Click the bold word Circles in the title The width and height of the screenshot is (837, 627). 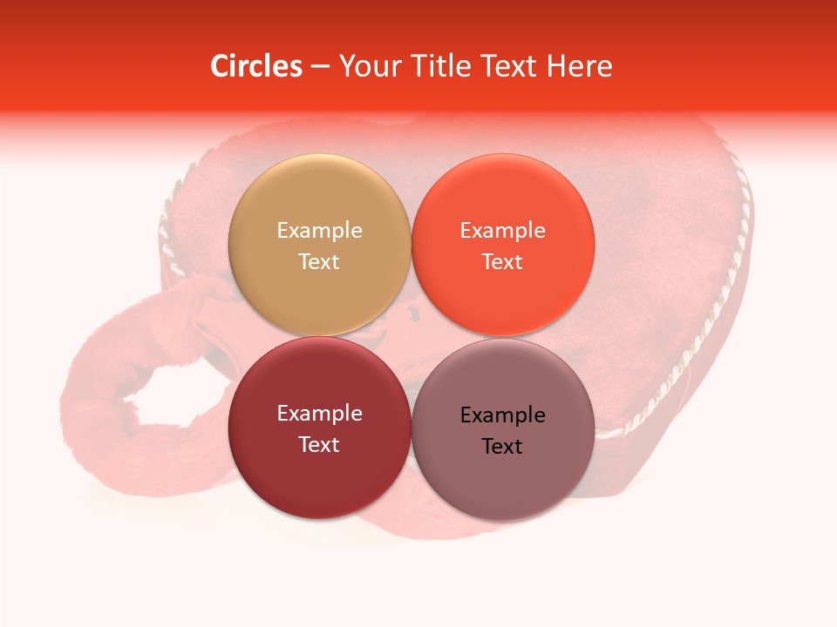255,66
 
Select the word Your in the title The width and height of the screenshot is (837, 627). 370,66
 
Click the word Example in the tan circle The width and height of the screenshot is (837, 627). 319,231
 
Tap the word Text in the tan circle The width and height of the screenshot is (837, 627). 319,261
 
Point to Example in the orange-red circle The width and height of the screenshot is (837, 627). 502,231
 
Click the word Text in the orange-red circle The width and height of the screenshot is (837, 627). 502,261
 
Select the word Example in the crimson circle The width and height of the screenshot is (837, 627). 319,414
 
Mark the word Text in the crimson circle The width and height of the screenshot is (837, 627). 319,444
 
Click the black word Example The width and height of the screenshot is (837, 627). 502,415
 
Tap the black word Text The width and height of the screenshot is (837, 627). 502,447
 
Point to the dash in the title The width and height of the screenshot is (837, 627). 320,66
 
